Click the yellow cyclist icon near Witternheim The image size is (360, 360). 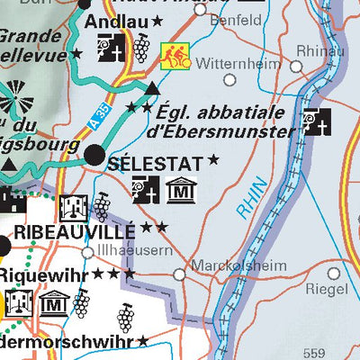174,56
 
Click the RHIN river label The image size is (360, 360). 255,202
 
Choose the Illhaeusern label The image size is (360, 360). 135,251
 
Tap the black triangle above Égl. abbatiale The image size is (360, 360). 153,88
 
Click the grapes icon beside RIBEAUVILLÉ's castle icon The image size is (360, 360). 102,206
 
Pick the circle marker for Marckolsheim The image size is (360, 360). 179,274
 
